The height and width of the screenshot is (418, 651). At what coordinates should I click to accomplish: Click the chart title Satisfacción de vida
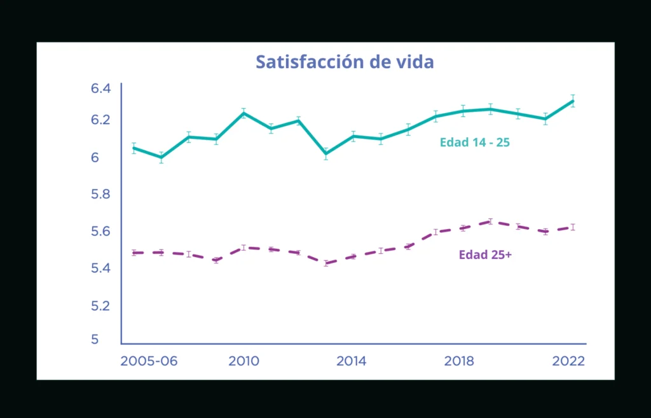coord(345,62)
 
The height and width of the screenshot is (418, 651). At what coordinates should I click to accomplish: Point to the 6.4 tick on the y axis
coord(101,88)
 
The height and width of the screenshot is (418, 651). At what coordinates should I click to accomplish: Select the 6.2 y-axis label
coord(101,120)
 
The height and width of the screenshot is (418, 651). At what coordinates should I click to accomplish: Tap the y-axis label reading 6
coord(96,157)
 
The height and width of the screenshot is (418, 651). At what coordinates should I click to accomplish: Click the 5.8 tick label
coord(101,194)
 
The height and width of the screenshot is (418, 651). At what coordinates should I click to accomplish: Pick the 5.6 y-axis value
coord(101,232)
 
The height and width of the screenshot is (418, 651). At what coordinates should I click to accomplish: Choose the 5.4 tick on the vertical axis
coord(101,268)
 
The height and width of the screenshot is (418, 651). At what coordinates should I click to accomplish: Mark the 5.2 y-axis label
coord(101,306)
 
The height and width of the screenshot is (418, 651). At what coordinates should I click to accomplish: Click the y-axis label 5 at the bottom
coord(95,340)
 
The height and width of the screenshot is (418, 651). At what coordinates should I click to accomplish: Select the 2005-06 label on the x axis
coord(149,361)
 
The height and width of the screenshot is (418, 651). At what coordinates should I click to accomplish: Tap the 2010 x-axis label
coord(243,361)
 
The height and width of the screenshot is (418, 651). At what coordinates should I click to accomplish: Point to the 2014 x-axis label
coord(351,361)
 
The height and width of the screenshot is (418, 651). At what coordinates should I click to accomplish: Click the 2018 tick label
coord(459,361)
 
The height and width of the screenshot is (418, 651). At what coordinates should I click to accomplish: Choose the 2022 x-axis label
coord(568,361)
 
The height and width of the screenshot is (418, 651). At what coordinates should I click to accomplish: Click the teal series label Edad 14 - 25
coord(475,143)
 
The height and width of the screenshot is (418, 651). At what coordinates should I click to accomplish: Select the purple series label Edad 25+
coord(485,254)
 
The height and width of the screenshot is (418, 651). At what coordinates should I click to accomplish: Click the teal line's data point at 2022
coord(573,101)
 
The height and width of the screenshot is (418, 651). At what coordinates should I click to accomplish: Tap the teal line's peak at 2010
coord(243,113)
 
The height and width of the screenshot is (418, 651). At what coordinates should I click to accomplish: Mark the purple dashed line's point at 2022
coord(573,227)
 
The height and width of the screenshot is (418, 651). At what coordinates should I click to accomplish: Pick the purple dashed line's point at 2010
coord(243,247)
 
